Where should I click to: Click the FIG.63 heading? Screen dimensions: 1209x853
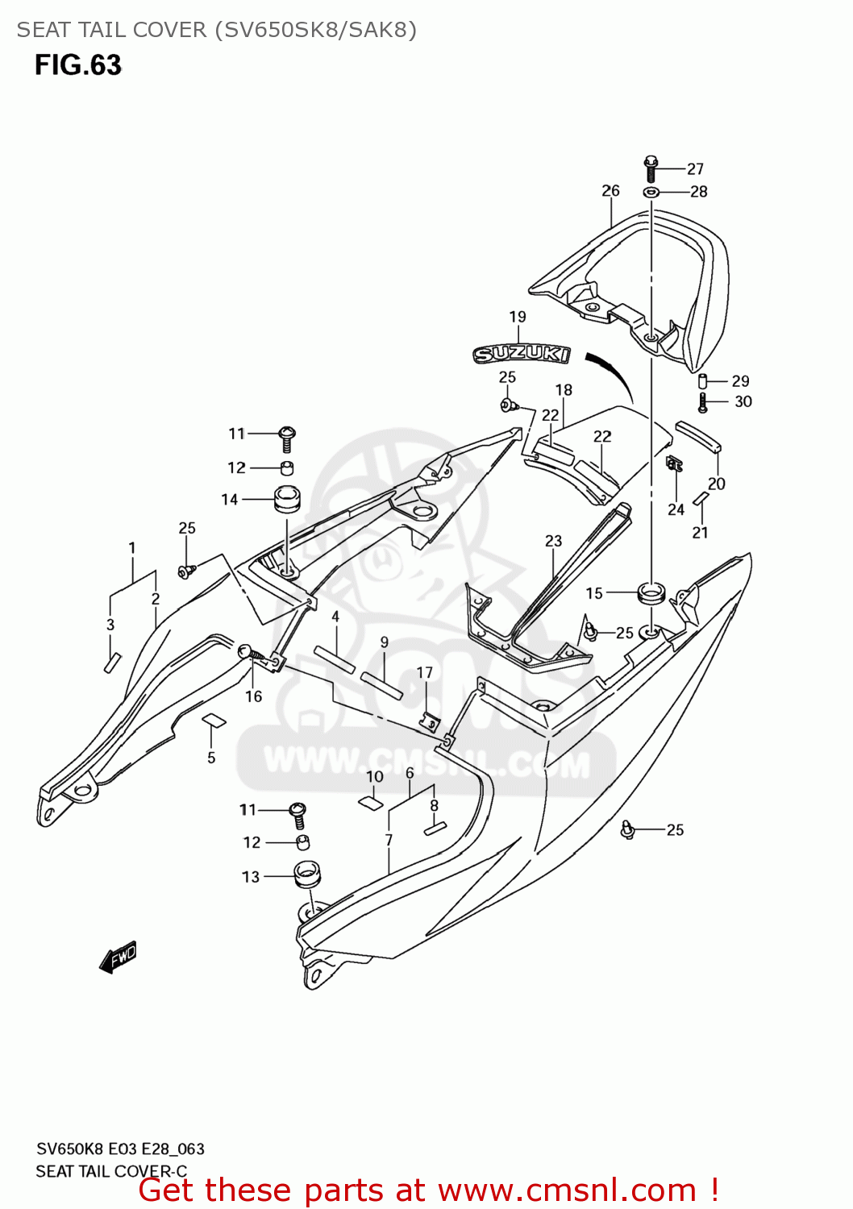[77, 65]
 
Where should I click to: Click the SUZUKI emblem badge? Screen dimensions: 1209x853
[521, 354]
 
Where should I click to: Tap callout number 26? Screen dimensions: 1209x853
[610, 191]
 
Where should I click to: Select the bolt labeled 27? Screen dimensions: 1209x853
[651, 168]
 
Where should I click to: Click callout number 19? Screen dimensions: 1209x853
[518, 318]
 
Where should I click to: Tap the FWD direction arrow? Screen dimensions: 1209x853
[118, 958]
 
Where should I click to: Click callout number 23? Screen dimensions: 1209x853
[553, 541]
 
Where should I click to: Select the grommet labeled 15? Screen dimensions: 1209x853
[651, 592]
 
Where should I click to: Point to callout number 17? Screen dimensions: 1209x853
[425, 672]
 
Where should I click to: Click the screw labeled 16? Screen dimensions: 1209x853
[248, 652]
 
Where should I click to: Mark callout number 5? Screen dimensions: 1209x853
[211, 758]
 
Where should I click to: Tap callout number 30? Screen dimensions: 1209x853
[743, 401]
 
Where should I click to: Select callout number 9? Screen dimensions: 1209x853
[385, 642]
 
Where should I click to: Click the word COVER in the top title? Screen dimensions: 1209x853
[169, 30]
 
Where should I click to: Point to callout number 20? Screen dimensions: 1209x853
[717, 484]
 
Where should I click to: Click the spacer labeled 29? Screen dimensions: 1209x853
[702, 381]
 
